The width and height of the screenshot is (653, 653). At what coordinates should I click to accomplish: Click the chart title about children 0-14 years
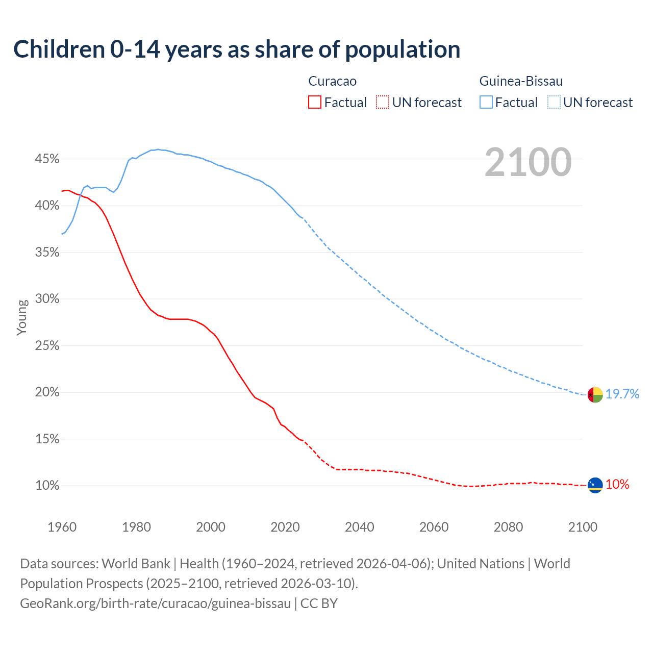237,49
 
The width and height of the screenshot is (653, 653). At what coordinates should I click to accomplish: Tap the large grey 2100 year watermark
528,162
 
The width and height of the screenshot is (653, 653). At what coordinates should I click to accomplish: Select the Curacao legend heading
332,81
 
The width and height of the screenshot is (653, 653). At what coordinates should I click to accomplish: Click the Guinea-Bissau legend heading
521,81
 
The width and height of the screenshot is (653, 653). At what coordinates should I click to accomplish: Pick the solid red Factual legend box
315,103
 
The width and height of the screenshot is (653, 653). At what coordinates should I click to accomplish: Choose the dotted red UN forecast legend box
383,103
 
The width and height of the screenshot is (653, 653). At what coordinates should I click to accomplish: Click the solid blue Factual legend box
486,103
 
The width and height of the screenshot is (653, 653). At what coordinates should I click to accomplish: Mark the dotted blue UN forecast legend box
554,103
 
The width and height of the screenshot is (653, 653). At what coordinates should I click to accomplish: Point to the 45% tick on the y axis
47,159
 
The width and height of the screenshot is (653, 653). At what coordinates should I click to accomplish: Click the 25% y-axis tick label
47,346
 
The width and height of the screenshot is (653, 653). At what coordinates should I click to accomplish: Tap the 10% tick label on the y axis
47,486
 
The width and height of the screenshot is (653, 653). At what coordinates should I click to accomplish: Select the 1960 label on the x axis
62,527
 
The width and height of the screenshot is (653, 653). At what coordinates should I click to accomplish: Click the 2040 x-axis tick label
360,527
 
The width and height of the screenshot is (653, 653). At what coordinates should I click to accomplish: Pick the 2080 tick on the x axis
508,527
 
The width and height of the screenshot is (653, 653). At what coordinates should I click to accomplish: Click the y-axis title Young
22,317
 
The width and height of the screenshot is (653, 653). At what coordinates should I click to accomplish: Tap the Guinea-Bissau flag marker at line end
595,394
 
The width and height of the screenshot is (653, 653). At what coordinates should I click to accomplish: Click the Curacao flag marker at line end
595,485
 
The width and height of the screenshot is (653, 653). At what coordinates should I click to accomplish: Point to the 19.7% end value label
622,394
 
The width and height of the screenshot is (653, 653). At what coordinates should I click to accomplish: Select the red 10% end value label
617,485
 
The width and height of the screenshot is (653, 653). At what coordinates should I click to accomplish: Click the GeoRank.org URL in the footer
155,604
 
